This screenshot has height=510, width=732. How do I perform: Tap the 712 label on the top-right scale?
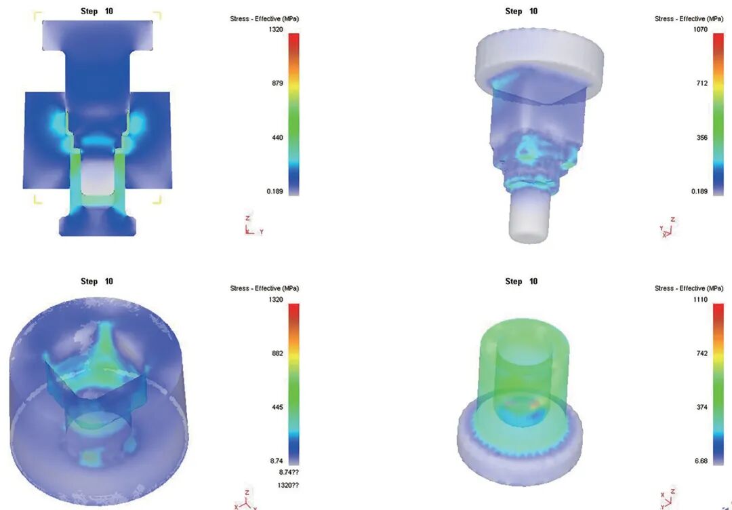coord(702,83)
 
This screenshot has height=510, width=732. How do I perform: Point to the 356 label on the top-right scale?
coord(702,138)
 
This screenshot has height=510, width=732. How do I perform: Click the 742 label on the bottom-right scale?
coord(702,353)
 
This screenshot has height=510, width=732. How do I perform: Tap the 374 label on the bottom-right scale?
coord(702,407)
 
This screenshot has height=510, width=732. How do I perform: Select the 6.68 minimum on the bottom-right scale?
coord(701,461)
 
